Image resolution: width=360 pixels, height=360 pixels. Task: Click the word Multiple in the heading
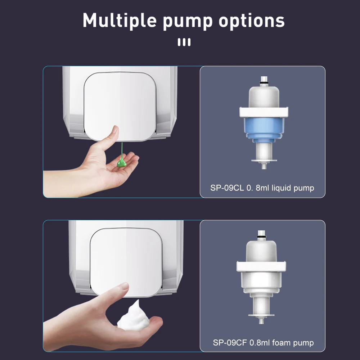pyautogui.click(x=120, y=21)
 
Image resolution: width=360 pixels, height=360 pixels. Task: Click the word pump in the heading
pyautogui.click(x=188, y=22)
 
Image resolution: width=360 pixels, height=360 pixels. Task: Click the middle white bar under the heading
pyautogui.click(x=184, y=42)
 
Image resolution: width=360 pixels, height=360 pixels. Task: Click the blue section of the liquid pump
pyautogui.click(x=264, y=130)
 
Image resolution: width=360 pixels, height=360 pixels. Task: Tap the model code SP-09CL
pyautogui.click(x=227, y=188)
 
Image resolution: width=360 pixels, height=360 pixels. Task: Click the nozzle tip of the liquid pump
pyautogui.click(x=264, y=167)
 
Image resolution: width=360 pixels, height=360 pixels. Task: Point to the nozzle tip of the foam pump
pyautogui.click(x=261, y=321)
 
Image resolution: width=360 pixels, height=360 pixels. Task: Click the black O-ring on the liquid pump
pyautogui.click(x=264, y=82)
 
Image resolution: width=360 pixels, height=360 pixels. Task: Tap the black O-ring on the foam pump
pyautogui.click(x=261, y=237)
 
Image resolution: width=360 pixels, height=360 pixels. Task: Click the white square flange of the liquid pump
pyautogui.click(x=264, y=112)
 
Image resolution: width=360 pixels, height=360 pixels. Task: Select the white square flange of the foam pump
pyautogui.click(x=261, y=266)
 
